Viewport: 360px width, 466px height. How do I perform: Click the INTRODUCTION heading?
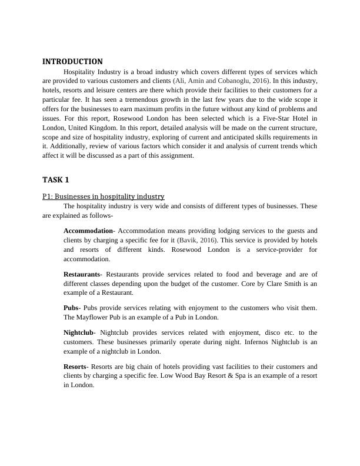(72, 61)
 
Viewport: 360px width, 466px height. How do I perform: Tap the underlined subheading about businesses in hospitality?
(103, 196)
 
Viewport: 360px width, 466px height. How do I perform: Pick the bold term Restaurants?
(82, 274)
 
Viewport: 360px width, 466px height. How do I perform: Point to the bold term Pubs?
(72, 308)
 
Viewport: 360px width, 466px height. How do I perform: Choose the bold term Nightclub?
(78, 332)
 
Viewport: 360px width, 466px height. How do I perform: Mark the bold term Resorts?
(75, 366)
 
